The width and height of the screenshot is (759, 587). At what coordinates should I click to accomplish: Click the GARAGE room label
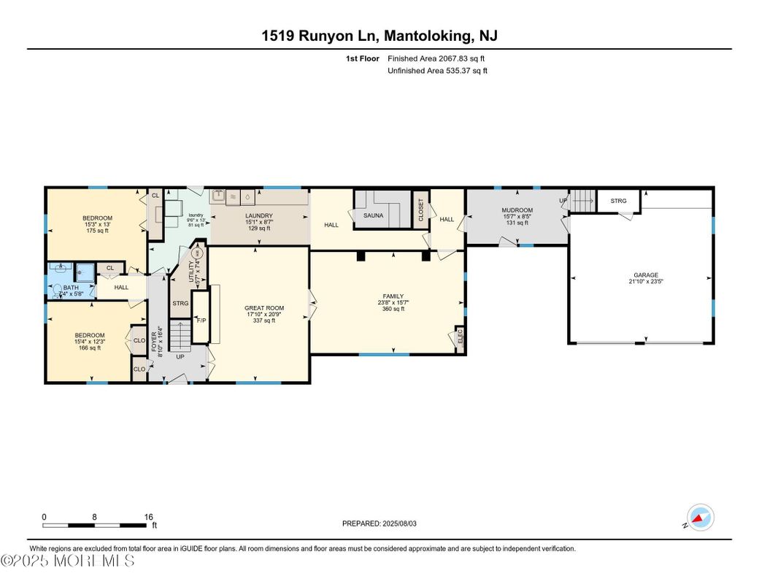[645, 275]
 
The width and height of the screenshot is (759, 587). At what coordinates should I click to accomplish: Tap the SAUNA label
[373, 215]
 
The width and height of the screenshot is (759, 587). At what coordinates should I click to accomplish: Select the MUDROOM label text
[517, 210]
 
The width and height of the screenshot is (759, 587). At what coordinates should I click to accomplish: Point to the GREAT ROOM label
[264, 308]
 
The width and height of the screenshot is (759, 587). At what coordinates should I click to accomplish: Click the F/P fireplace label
[201, 320]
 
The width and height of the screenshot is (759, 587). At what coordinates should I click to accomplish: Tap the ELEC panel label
[460, 337]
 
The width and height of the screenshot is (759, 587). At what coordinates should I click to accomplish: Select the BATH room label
[70, 288]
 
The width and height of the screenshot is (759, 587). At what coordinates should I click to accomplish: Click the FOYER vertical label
[154, 340]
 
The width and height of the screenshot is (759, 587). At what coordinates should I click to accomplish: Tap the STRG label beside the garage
[618, 201]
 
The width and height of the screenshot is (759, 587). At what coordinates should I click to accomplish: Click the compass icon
[700, 518]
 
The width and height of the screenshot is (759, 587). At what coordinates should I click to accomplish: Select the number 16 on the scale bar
[148, 516]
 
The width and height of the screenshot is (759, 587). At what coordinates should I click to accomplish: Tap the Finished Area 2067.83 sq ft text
[437, 58]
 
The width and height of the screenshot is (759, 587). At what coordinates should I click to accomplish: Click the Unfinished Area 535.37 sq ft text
[437, 71]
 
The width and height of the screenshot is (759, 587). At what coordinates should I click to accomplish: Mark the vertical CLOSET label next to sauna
[420, 210]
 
